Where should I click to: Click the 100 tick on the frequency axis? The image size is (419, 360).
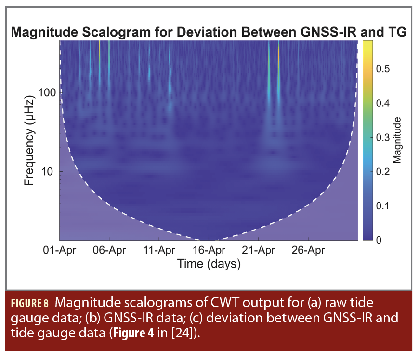[x=48, y=92]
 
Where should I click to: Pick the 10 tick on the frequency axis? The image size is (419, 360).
[x=51, y=171]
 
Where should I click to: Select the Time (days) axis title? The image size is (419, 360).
[x=209, y=264]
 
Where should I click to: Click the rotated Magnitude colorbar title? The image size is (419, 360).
[x=397, y=140]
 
